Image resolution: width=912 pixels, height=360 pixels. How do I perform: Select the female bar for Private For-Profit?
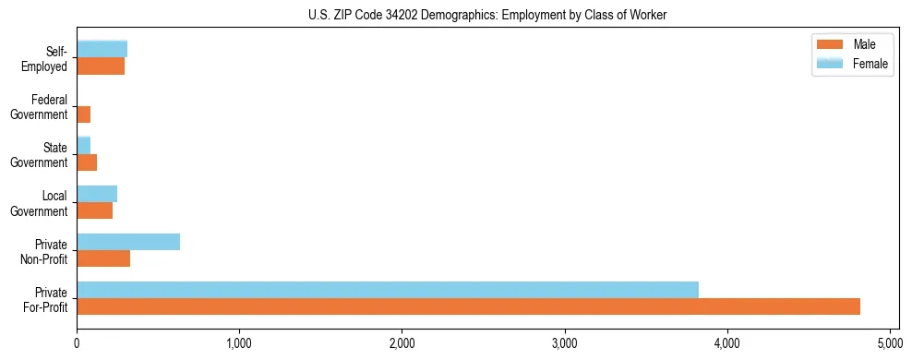pos(388,290)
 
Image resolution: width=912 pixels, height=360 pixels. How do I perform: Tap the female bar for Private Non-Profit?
pos(128,242)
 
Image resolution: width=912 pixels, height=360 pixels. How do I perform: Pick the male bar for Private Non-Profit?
pos(103,258)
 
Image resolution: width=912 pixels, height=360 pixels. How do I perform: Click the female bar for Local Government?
pos(97,194)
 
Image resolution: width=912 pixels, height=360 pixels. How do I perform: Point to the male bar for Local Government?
pos(95,210)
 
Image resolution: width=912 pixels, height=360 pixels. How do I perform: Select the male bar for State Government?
pos(87,162)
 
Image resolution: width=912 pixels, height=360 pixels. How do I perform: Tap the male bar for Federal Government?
pos(84,114)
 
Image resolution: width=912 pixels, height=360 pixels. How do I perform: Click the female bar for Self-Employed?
pos(102,50)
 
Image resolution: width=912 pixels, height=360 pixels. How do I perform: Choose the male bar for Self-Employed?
pos(101,66)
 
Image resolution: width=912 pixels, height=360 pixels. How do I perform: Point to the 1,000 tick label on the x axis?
pos(239,344)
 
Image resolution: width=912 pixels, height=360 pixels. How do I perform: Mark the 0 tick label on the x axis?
pos(77,344)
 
